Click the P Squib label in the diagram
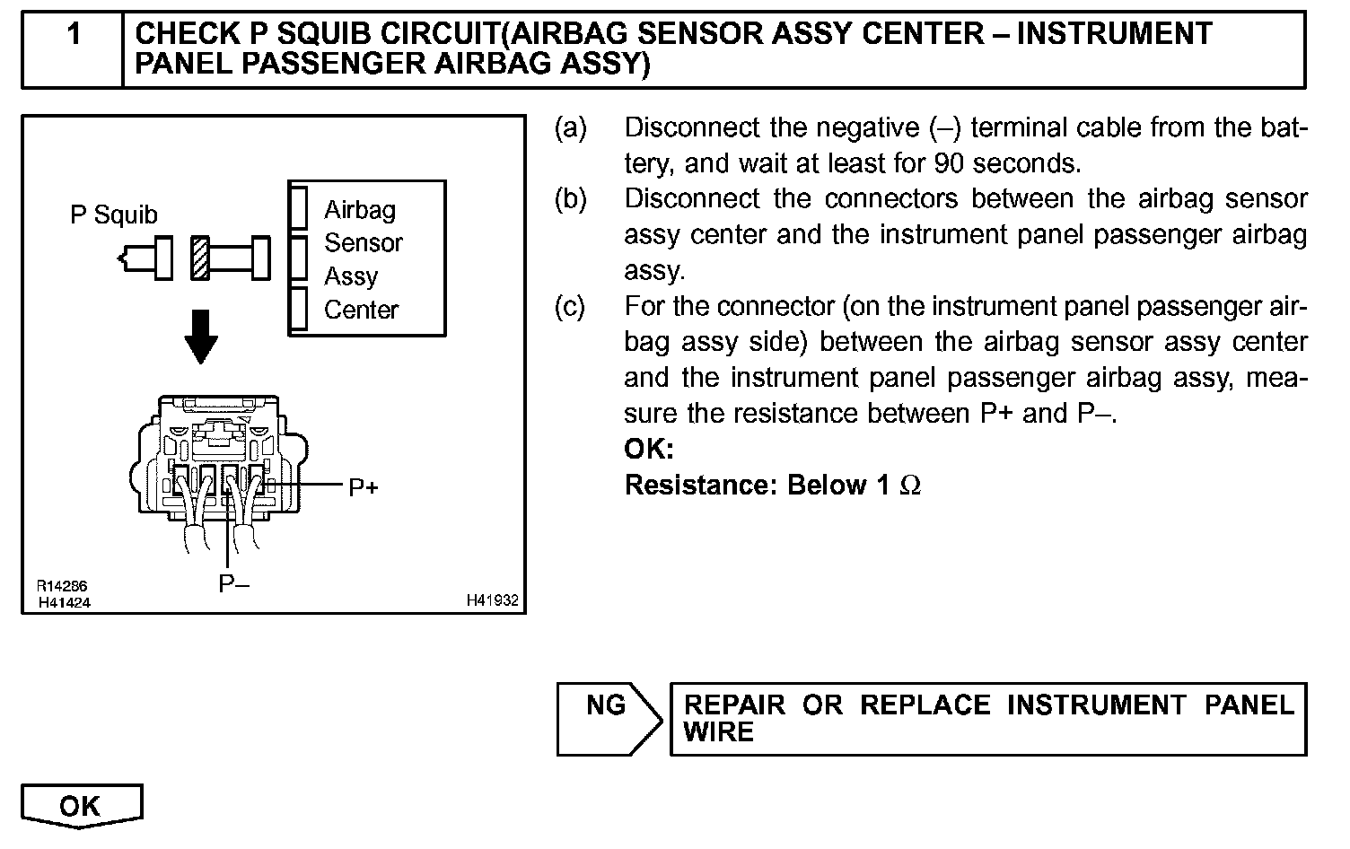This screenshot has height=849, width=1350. coord(114,215)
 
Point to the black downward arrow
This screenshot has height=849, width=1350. coord(200,337)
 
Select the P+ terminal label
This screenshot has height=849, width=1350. coord(363,487)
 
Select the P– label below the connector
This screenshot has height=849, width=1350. coord(234,585)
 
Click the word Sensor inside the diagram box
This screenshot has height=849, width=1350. coord(363,243)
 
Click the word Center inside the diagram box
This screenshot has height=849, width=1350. coord(361,311)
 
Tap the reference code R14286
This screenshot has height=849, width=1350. coord(62,587)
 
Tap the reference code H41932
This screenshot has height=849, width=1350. coord(492,600)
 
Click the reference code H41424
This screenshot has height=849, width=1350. coord(65,602)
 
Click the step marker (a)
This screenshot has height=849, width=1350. coord(571,128)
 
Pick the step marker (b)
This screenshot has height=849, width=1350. coord(571,199)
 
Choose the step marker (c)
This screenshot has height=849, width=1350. coord(571,307)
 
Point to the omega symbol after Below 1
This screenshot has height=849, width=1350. coord(909,486)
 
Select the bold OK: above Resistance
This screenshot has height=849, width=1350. coord(648,449)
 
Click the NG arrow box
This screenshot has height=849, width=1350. coord(608,718)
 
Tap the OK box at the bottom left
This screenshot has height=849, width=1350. coord(81,806)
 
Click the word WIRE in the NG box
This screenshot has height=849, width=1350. coord(718,732)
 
